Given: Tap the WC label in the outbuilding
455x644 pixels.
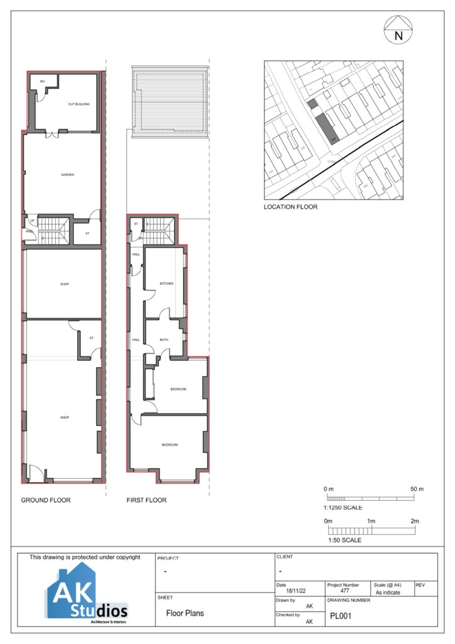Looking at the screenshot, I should [x=43, y=82].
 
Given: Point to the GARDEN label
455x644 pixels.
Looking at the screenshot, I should [x=68, y=175].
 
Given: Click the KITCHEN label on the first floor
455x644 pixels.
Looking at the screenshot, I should [x=166, y=284].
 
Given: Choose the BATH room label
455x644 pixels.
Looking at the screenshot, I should [x=164, y=340].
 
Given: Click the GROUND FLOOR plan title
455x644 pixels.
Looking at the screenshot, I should [x=46, y=501].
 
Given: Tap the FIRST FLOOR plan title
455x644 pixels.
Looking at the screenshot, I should [x=146, y=501].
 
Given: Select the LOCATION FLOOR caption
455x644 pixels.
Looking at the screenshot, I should [x=290, y=206].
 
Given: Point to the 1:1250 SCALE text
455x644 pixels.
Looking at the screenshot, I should [x=343, y=508].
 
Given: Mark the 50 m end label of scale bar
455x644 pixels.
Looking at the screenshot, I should [x=417, y=489].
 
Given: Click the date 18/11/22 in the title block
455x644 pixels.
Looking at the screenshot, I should [x=295, y=591].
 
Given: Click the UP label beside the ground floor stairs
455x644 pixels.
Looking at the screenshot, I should [x=31, y=221].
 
